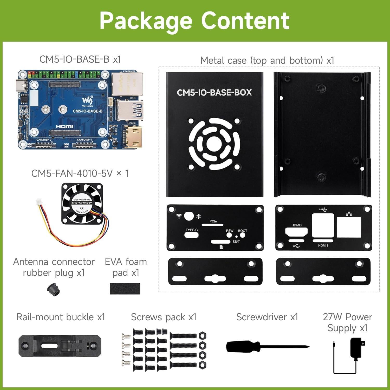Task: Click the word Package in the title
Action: (146, 21)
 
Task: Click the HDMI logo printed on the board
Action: (64, 127)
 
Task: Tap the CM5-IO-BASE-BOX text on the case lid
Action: (214, 93)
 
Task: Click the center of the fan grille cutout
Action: (214, 144)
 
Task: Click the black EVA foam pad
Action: (125, 289)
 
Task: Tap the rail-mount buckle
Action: (60, 346)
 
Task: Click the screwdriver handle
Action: (243, 346)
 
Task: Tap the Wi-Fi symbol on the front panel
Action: (179, 216)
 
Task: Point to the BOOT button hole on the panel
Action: (242, 235)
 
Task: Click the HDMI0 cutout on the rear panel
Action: (296, 231)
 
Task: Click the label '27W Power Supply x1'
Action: (347, 322)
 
